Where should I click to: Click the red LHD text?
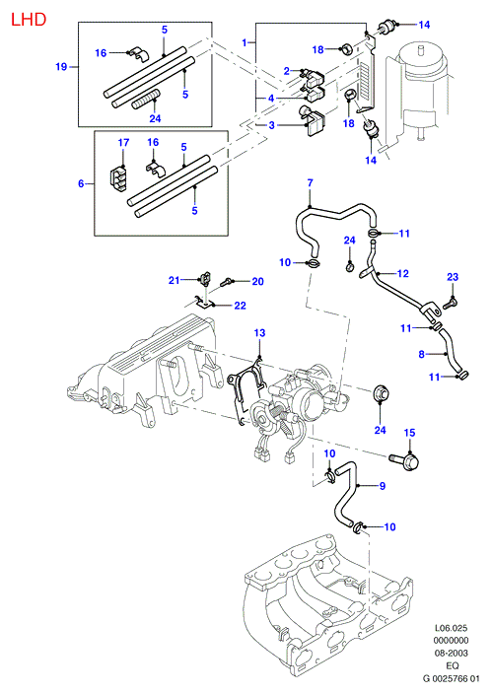[x=29, y=20]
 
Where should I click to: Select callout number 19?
[x=61, y=67]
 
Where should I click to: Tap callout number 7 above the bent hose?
[x=310, y=182]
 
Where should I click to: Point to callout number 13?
[x=259, y=333]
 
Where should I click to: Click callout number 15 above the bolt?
[x=409, y=433]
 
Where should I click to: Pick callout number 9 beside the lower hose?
[x=383, y=486]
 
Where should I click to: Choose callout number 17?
[x=123, y=143]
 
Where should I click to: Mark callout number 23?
[x=453, y=277]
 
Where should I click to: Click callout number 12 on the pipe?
[x=403, y=273]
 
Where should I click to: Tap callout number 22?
[x=240, y=306]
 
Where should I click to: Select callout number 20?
[x=257, y=282]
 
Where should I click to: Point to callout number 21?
[x=174, y=280]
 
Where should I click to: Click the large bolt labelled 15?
[x=404, y=460]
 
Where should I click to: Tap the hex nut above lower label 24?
[x=382, y=393]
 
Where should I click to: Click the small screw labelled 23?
[x=451, y=303]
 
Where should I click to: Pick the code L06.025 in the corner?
[x=451, y=628]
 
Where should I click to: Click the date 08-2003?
[x=451, y=653]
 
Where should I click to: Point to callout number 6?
[x=81, y=183]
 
